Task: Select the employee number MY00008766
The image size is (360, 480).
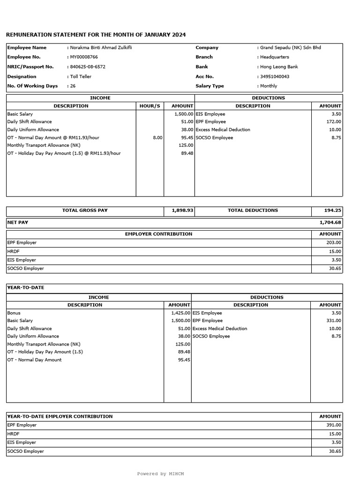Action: [x=85, y=57]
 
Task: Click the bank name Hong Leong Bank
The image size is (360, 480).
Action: [x=280, y=67]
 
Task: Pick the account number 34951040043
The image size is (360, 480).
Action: [x=275, y=76]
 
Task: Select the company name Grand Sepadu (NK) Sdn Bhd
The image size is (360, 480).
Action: [x=291, y=47]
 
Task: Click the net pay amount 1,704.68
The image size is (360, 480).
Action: [x=330, y=223]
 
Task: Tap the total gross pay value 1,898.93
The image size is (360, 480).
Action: [x=182, y=210]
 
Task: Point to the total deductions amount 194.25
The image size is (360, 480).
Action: [x=332, y=210]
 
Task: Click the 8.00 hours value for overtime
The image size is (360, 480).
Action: [x=157, y=137]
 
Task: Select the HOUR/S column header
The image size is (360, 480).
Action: [x=150, y=106]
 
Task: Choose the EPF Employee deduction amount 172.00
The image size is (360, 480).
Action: [x=333, y=122]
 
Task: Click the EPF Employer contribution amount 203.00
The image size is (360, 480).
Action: [x=334, y=243]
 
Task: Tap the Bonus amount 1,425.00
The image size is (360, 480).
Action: [x=180, y=313]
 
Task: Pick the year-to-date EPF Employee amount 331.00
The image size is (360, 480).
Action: [x=334, y=321]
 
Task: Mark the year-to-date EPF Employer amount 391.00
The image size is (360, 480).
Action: [x=334, y=425]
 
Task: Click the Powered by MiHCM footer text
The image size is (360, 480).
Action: [x=160, y=474]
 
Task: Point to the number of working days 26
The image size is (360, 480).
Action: [x=73, y=86]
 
